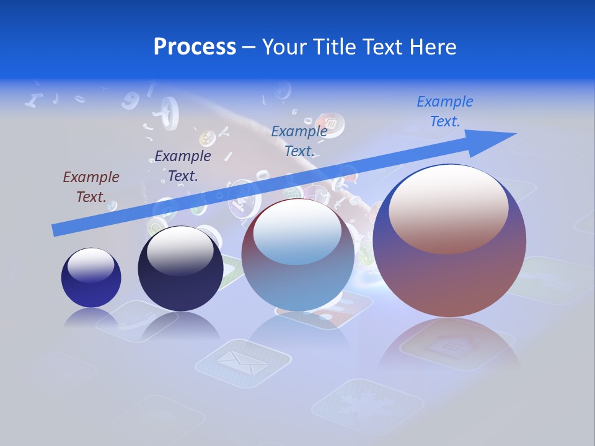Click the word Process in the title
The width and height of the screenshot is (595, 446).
coord(195,47)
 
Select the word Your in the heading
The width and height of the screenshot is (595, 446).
coord(285,47)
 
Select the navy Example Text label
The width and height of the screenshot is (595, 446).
coord(183,166)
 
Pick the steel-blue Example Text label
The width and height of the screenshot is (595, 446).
coord(299,141)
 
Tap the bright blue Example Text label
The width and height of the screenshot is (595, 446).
coord(445,111)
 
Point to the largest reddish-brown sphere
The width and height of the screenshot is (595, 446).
coord(449,273)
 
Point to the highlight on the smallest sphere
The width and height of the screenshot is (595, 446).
coord(90,265)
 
